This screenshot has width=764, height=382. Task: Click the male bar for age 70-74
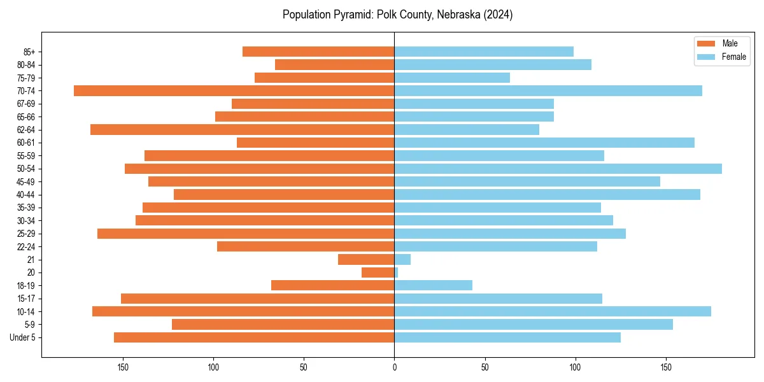click(x=234, y=90)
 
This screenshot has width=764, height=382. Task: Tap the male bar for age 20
click(x=378, y=272)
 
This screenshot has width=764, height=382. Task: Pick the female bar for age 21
click(x=402, y=259)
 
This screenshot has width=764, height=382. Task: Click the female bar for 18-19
click(x=434, y=285)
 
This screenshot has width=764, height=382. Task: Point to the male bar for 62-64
click(x=243, y=129)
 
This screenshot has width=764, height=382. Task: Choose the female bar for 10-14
click(x=553, y=311)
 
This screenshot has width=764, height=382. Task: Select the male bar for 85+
click(x=318, y=52)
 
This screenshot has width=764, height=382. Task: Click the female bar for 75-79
click(x=452, y=78)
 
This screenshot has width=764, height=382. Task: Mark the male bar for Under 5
click(x=254, y=337)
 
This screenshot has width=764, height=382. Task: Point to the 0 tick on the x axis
click(x=395, y=367)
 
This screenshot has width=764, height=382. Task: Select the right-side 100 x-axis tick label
click(x=576, y=367)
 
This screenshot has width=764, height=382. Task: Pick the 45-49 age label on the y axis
click(x=25, y=181)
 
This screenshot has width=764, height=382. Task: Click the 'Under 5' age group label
click(x=22, y=337)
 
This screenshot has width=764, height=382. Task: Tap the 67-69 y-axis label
click(x=25, y=104)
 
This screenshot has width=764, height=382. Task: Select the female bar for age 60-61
click(x=544, y=143)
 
